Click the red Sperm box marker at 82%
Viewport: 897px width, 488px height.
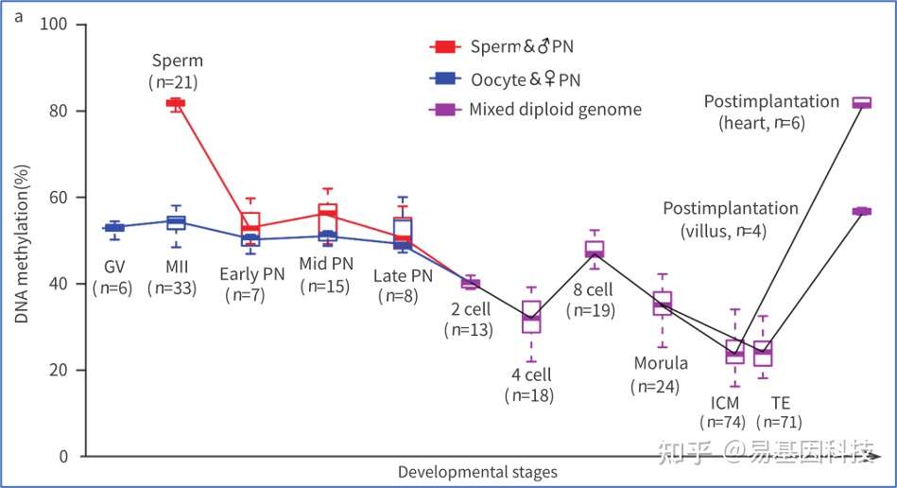tap(176, 102)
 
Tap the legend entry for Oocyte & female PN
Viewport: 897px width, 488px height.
tap(524, 80)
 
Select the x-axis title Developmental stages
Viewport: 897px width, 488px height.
tap(476, 471)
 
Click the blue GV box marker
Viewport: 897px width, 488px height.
tap(113, 227)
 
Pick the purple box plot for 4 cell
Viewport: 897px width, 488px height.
tap(531, 317)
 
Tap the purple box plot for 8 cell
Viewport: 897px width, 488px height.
tap(594, 250)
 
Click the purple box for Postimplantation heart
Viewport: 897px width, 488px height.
tap(861, 103)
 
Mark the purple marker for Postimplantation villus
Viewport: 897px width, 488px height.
tap(861, 211)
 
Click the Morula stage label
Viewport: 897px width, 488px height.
tap(662, 363)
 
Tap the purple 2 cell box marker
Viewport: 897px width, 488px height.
tap(470, 283)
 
